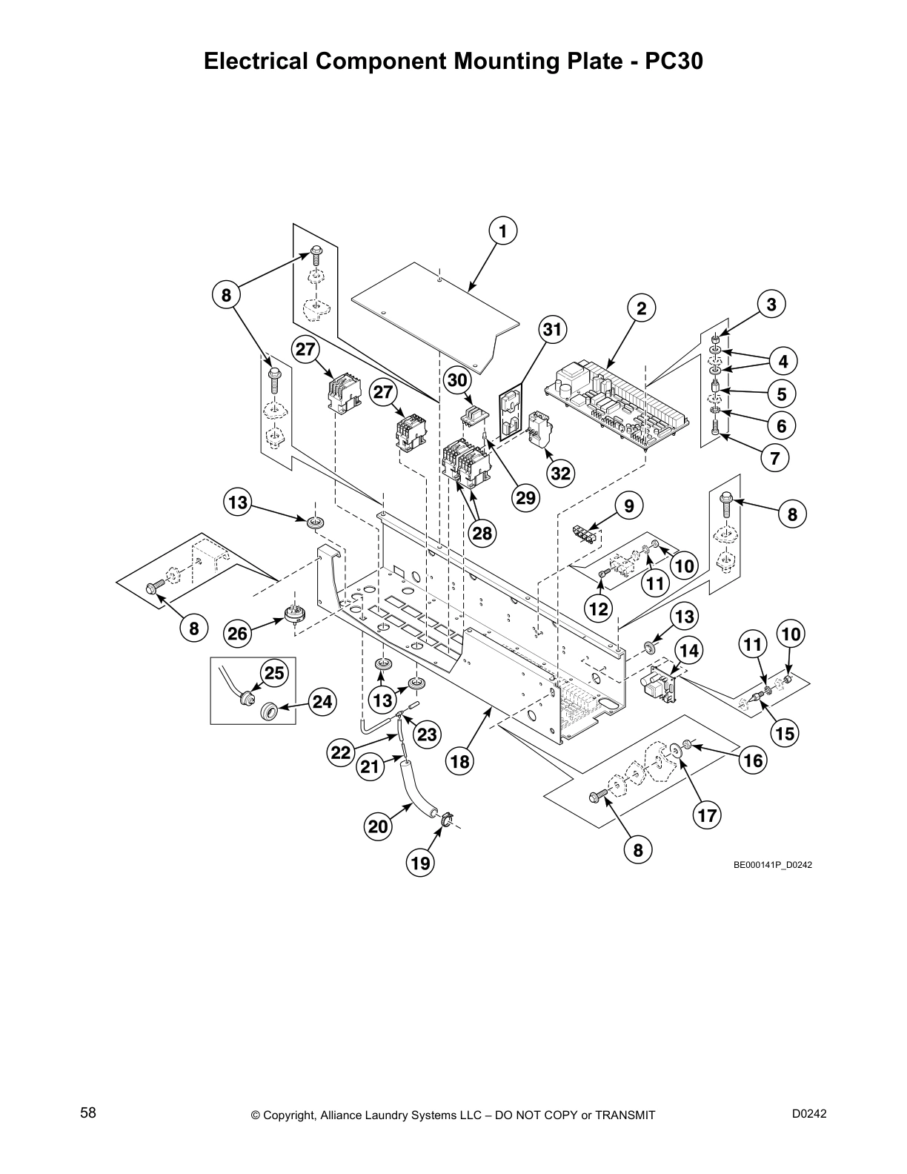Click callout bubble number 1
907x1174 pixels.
coord(503,231)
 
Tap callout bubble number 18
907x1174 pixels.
coord(459,761)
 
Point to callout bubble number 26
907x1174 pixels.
coord(238,633)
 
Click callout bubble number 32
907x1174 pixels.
coord(561,472)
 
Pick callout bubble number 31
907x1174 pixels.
coord(553,329)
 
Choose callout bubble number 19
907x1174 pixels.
coord(420,862)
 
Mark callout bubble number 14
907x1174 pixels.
coord(688,651)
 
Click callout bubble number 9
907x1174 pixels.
coord(629,506)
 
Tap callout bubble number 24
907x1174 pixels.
coord(322,701)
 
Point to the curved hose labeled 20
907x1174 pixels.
coord(413,793)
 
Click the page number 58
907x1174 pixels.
coord(88,1112)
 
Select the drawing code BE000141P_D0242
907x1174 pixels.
coord(773,865)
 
